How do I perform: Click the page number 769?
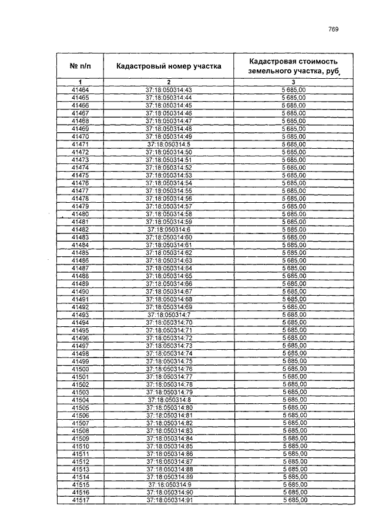point(334,29)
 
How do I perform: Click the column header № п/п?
point(80,66)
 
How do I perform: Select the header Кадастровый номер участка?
point(169,66)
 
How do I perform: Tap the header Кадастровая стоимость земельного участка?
point(293,66)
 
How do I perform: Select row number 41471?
point(80,144)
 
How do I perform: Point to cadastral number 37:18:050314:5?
point(169,144)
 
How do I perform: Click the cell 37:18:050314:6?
point(169,229)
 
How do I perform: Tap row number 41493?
point(80,314)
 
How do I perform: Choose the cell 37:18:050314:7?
point(169,314)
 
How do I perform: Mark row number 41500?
point(80,369)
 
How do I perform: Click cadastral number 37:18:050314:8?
point(169,400)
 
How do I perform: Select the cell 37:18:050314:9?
point(169,484)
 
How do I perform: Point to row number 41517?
point(80,500)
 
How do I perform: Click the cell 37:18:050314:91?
point(169,500)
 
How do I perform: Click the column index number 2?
point(169,81)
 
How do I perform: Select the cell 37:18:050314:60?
point(169,237)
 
